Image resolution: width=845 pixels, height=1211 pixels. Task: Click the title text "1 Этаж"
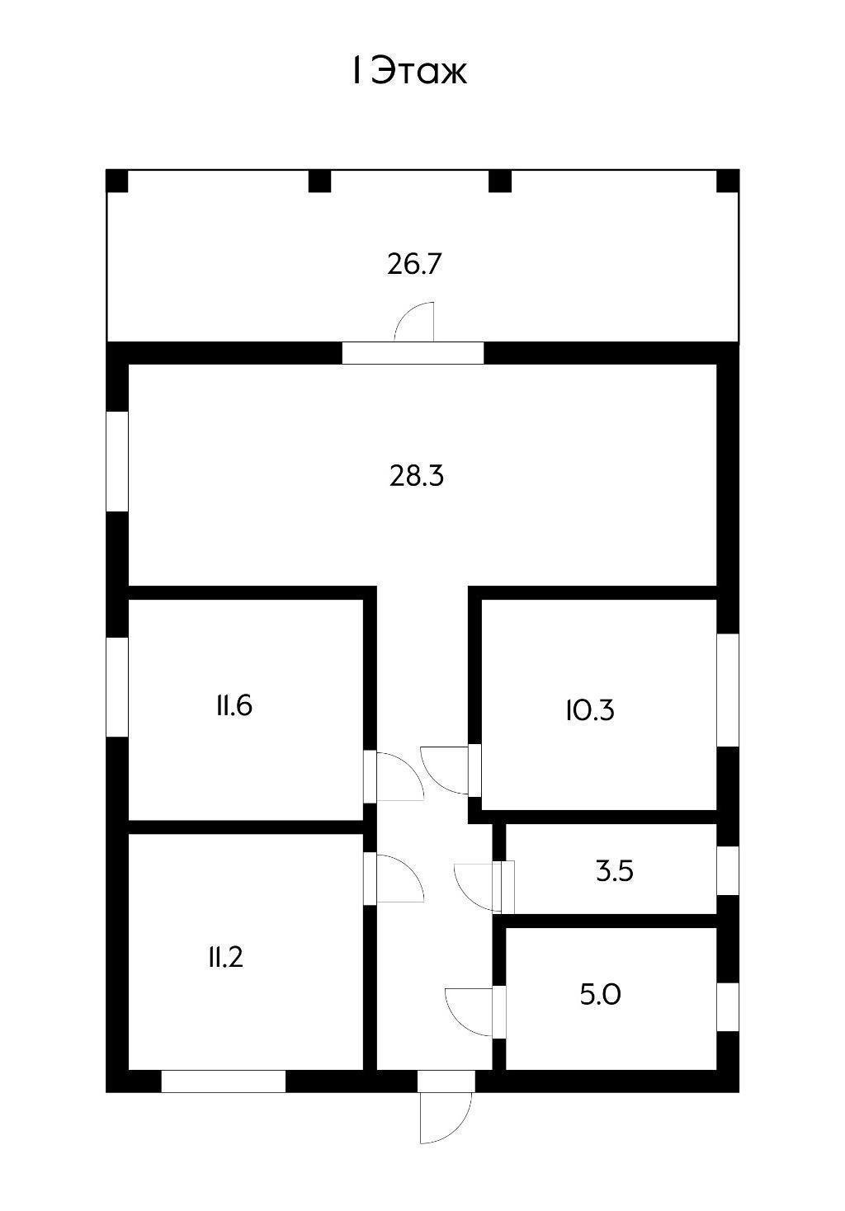pyautogui.click(x=409, y=70)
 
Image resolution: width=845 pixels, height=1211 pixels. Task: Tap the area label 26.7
pyautogui.click(x=415, y=264)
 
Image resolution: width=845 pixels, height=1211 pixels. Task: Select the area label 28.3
pyautogui.click(x=416, y=476)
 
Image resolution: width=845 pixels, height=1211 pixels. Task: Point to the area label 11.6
pyautogui.click(x=234, y=705)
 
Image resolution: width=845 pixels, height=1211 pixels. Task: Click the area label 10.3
pyautogui.click(x=590, y=709)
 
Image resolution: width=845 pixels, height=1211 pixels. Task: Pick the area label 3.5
pyautogui.click(x=615, y=871)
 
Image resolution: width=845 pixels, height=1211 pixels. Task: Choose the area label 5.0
pyautogui.click(x=600, y=994)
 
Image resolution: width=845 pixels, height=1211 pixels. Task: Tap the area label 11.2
pyautogui.click(x=225, y=958)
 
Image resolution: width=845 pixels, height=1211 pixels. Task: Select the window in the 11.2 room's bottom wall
pyautogui.click(x=224, y=1081)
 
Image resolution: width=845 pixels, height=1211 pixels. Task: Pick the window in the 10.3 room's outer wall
pyautogui.click(x=727, y=690)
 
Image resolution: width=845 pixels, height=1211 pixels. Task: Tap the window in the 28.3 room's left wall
pyautogui.click(x=117, y=461)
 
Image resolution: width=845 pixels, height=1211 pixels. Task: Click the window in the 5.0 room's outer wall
pyautogui.click(x=727, y=1006)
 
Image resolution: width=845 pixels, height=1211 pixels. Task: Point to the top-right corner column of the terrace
pyautogui.click(x=728, y=181)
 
